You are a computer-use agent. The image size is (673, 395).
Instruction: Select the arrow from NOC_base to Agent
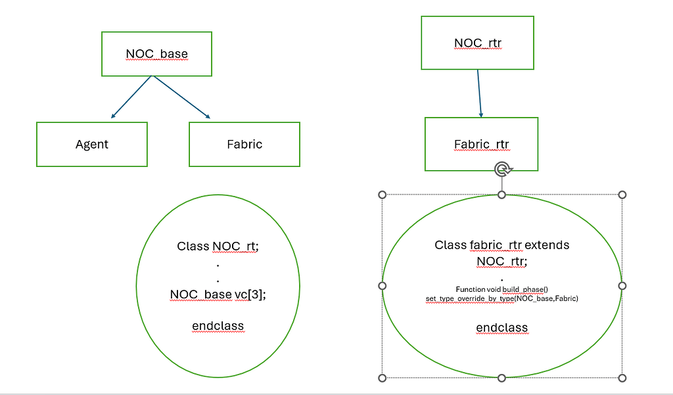click(131, 97)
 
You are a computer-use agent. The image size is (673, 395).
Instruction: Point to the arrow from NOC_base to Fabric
click(182, 97)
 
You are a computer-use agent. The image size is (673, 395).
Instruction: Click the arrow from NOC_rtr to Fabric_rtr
click(479, 93)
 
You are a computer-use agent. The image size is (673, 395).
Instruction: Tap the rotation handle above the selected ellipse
click(502, 169)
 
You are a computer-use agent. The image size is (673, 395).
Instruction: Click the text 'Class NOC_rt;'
click(218, 246)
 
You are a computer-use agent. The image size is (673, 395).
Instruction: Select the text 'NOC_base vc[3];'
click(218, 294)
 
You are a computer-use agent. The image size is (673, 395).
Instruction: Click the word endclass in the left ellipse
click(218, 326)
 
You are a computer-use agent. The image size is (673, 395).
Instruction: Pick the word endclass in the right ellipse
click(501, 327)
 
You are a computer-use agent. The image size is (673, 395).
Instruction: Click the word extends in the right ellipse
click(547, 244)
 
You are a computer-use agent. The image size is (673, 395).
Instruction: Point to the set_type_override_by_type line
click(501, 298)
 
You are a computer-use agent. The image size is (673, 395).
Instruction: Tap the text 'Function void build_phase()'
click(501, 289)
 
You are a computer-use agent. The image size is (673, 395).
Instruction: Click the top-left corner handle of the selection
click(383, 195)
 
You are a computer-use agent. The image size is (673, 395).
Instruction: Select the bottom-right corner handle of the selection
click(622, 378)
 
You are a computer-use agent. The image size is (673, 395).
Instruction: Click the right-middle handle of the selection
click(622, 286)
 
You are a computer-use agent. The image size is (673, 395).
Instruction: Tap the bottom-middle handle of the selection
click(501, 378)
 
